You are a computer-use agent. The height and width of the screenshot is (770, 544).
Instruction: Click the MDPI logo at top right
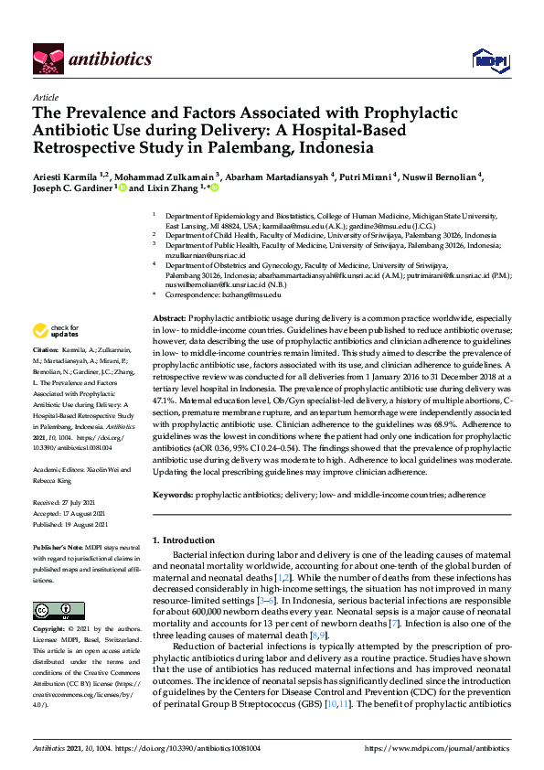tap(489, 60)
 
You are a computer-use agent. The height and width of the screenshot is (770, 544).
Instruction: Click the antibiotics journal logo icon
tap(47, 59)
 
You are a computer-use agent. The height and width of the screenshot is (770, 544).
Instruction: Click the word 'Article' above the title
tap(46, 98)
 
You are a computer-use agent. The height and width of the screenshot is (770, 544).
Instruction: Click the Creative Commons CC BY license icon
tap(52, 609)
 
